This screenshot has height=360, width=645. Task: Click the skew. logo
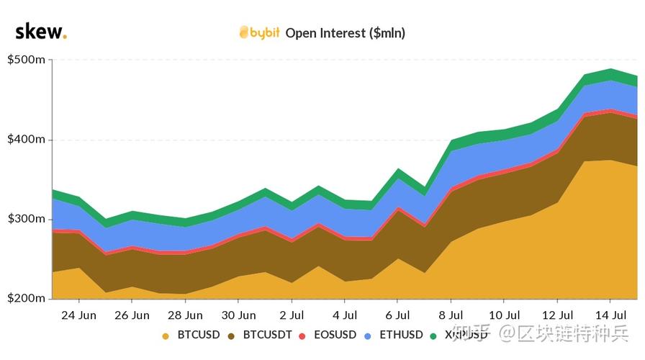coord(40,32)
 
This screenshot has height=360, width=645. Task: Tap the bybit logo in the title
coord(259,32)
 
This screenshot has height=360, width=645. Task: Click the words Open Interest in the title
coord(325,32)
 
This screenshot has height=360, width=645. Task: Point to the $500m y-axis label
coord(27,60)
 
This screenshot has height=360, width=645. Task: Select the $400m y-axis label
coord(27,139)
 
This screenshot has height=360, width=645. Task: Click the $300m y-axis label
coord(27,219)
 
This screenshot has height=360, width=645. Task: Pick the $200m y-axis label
coord(27,298)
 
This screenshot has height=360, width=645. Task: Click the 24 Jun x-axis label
coord(78,315)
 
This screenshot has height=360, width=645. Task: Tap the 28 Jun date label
coord(185,315)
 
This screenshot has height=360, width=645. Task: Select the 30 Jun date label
coord(238,315)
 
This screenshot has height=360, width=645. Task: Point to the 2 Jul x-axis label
coord(292,315)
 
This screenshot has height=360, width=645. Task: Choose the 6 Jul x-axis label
coord(397,315)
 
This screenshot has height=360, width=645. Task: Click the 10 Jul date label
coord(504,315)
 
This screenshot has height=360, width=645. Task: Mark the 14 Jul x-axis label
coord(610,315)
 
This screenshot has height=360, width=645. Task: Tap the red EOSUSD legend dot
coord(302,336)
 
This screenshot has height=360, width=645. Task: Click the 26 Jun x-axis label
coord(132,315)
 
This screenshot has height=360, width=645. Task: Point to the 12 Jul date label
coord(557,315)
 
